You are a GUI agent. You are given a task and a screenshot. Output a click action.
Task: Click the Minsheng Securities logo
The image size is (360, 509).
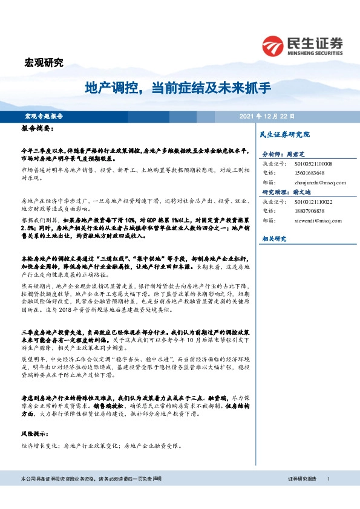[x=302, y=45]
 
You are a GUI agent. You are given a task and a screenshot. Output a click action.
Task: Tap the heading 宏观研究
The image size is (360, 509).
[x=43, y=62]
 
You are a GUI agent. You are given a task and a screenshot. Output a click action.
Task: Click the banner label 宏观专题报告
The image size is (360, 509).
[x=44, y=116]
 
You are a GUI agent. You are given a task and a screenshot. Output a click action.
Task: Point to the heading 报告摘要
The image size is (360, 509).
[x=38, y=129]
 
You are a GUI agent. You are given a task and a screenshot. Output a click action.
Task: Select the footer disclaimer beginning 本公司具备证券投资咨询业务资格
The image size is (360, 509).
[x=86, y=478]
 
